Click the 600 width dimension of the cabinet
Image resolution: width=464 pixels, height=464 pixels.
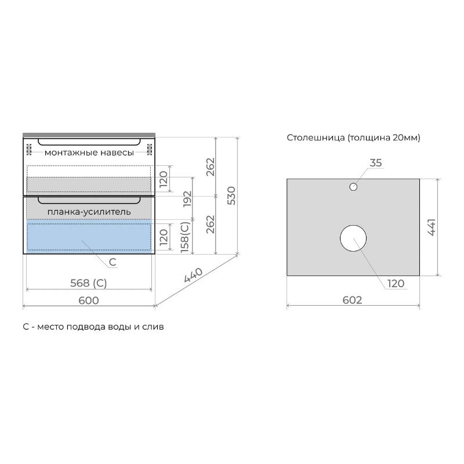tap(89, 300)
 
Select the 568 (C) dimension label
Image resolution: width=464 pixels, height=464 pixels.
tap(89, 283)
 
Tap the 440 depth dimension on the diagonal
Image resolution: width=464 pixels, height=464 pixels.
tap(193, 275)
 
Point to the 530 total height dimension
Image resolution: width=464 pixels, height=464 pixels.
tap(231, 195)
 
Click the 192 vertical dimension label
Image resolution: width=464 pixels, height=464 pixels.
tap(187, 199)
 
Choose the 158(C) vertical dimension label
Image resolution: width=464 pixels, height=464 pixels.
tap(184, 237)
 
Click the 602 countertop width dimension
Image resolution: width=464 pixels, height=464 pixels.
tap(352, 300)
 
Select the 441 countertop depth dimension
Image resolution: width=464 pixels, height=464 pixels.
tap(432, 227)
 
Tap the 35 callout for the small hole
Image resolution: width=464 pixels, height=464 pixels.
tap(376, 163)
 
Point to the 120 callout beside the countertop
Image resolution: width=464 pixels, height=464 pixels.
tap(396, 284)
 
